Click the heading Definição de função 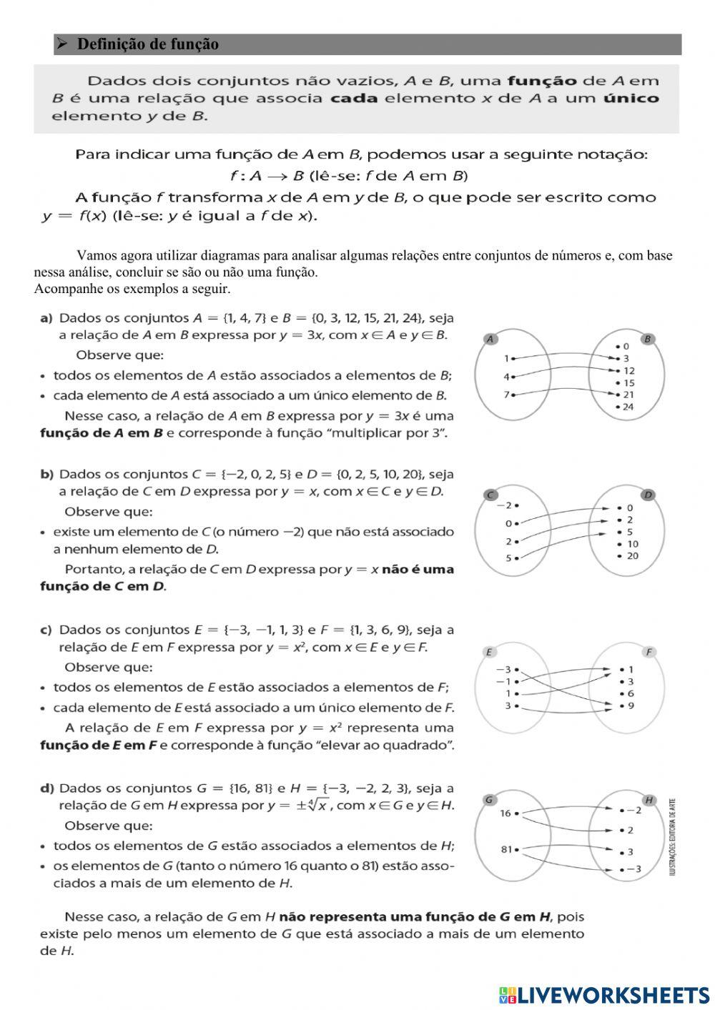point(147,44)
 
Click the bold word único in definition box point(630,98)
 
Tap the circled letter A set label point(490,339)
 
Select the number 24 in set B point(628,407)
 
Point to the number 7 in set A point(506,395)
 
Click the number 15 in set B point(628,382)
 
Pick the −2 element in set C point(505,505)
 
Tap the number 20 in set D point(632,555)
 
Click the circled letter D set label point(649,495)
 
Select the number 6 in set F point(631,693)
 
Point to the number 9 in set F point(631,705)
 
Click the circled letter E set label point(489,652)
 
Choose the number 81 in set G point(507,850)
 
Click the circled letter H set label point(649,800)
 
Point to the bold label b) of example point(46,474)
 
